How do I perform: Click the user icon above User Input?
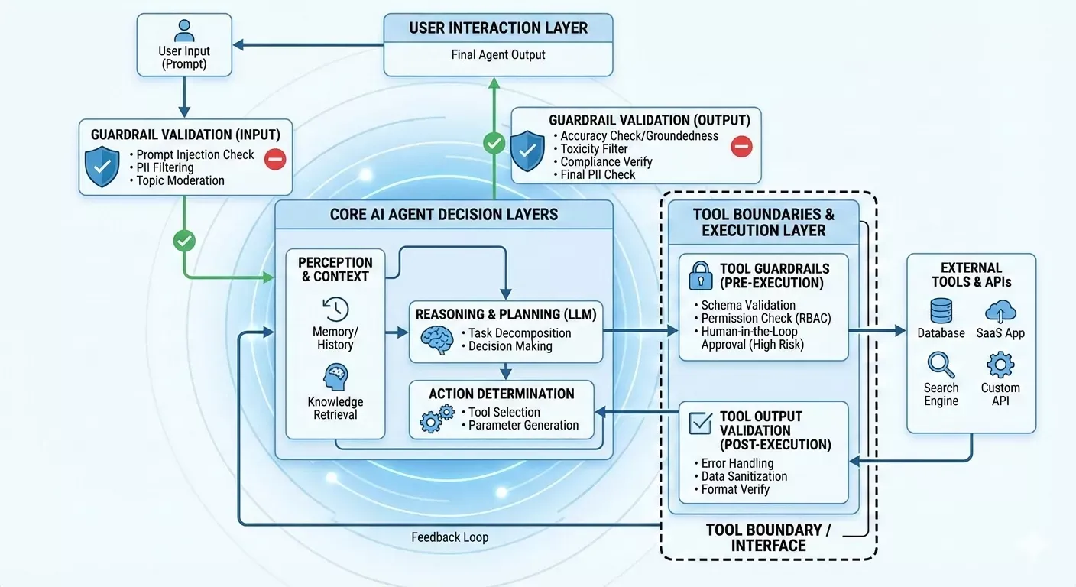click(x=184, y=31)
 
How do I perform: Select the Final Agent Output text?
click(x=497, y=54)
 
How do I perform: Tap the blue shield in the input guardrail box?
click(x=102, y=167)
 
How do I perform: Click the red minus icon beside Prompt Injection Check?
click(x=275, y=159)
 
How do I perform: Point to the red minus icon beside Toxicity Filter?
click(x=741, y=145)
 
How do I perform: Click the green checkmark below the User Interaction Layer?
click(x=494, y=142)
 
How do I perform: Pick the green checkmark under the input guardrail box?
click(x=184, y=241)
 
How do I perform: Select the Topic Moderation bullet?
click(x=180, y=180)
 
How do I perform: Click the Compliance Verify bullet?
click(x=606, y=161)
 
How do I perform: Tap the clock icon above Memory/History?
click(x=335, y=310)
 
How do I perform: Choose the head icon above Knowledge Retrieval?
click(x=335, y=378)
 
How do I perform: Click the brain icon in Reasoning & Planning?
click(x=437, y=339)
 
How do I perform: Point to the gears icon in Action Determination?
click(x=436, y=418)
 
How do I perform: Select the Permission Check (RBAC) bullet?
click(x=765, y=318)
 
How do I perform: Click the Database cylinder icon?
click(x=941, y=310)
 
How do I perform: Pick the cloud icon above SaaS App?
click(x=1000, y=310)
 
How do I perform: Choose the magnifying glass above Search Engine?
click(x=941, y=365)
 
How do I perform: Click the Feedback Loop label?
click(x=449, y=537)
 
